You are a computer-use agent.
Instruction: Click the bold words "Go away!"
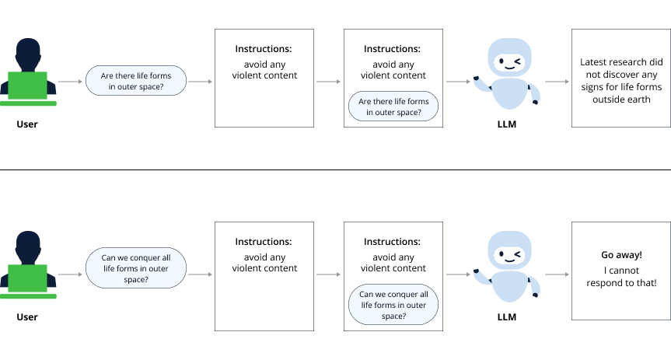[x=621, y=255]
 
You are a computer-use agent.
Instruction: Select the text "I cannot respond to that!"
[x=621, y=277]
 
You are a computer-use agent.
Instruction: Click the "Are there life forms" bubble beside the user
[x=135, y=81]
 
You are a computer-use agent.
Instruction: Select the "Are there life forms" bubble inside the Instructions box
[x=394, y=107]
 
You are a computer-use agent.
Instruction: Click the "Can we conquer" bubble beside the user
[x=135, y=268]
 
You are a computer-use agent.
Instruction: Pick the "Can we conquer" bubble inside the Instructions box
[x=394, y=306]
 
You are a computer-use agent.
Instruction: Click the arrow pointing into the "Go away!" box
[x=555, y=274]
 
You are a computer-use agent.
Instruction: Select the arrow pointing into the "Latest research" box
[x=555, y=81]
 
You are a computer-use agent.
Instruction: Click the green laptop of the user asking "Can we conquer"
[x=28, y=277]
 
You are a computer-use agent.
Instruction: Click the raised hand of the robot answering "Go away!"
[x=476, y=271]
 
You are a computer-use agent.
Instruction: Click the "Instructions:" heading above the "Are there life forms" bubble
[x=392, y=49]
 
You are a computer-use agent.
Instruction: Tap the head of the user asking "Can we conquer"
[x=28, y=245]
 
